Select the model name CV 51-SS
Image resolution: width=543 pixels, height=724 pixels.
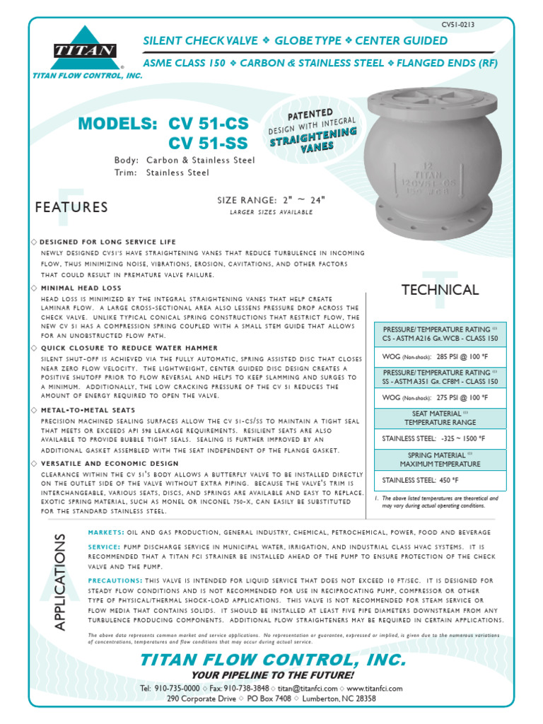(x=209, y=144)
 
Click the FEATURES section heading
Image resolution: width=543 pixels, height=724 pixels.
(x=71, y=207)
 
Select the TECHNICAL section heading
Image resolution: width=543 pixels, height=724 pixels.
(x=440, y=289)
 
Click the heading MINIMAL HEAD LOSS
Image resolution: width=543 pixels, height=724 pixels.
(x=81, y=288)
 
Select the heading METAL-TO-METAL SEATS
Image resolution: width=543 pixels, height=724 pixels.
(x=88, y=410)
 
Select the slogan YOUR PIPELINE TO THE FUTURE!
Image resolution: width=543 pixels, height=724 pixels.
(x=272, y=675)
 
